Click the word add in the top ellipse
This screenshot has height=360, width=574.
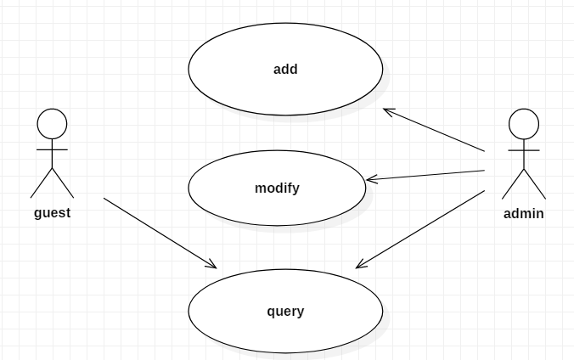pos(285,70)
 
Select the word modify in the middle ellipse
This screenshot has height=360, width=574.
pos(277,188)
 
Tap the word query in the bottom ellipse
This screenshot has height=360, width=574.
pos(285,312)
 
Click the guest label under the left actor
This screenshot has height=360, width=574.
pos(52,213)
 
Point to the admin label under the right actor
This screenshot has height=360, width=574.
pos(523,214)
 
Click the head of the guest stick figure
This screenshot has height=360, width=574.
pos(53,123)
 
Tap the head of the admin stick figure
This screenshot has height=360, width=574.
pos(524,123)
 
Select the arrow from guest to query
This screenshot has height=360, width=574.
pos(160,233)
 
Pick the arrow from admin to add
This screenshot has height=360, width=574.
pos(434,130)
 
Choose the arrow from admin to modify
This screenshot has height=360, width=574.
pos(425,175)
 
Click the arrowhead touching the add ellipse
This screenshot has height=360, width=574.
pos(387,110)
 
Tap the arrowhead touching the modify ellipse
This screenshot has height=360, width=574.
pos(370,179)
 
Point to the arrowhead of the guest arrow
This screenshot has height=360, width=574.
pos(212,265)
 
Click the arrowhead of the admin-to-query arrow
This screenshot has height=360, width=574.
pos(360,266)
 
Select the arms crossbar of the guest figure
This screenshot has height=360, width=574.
pos(53,149)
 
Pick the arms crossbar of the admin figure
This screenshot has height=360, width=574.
pos(524,149)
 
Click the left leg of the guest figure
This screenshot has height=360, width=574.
pos(42,183)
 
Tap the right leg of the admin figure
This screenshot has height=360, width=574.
pos(535,184)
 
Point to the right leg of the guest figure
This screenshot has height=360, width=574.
pos(64,183)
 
